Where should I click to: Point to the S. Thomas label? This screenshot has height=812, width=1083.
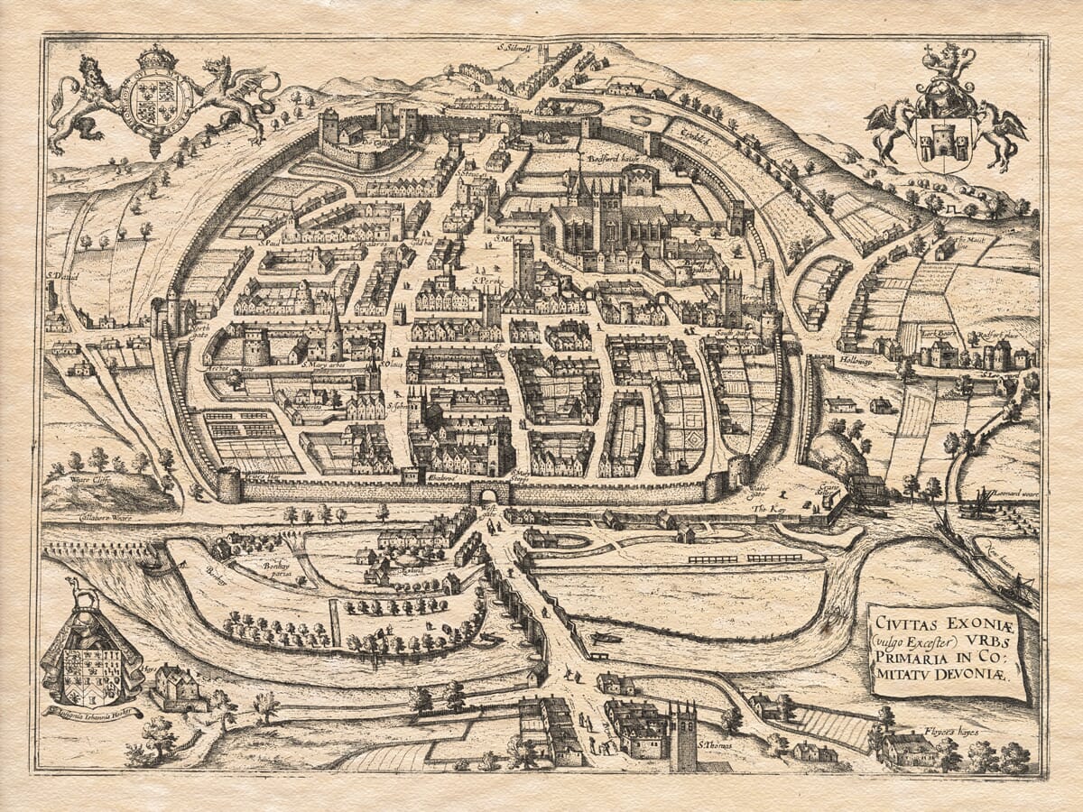(715, 744)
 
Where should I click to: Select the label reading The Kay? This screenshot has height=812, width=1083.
(765, 510)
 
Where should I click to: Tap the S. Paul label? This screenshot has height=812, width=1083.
(268, 242)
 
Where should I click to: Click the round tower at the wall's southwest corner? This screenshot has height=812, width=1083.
(229, 484)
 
